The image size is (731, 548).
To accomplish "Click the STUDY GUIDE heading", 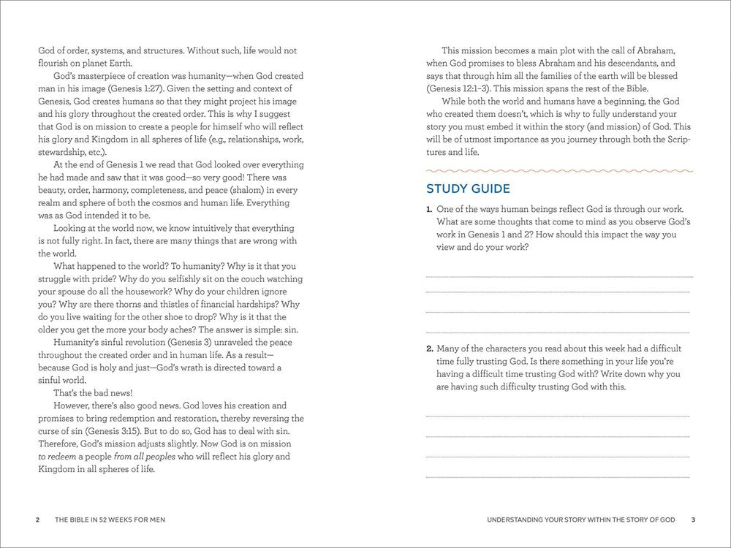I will click(468, 189).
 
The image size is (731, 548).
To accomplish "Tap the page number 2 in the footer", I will click(37, 520).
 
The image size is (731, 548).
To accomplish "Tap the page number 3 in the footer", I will click(693, 520).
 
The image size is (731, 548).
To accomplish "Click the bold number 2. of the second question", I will click(430, 349).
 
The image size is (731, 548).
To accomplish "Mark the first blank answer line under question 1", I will click(559, 277).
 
